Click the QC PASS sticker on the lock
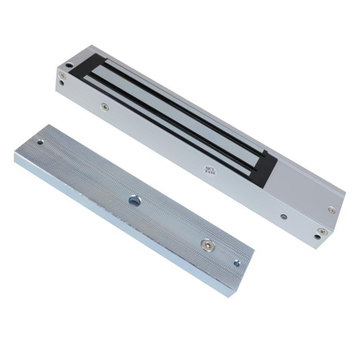(211, 170)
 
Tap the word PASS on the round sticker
(211, 173)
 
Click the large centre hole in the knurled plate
(135, 201)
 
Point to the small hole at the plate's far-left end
(40, 142)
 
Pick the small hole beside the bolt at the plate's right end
(237, 263)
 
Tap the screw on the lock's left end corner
(62, 75)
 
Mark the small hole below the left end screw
(62, 83)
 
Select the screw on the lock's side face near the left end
(104, 106)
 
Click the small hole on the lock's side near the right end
(284, 217)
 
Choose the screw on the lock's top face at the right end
(331, 210)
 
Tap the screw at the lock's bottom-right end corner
(322, 231)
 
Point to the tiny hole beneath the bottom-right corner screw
(317, 237)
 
